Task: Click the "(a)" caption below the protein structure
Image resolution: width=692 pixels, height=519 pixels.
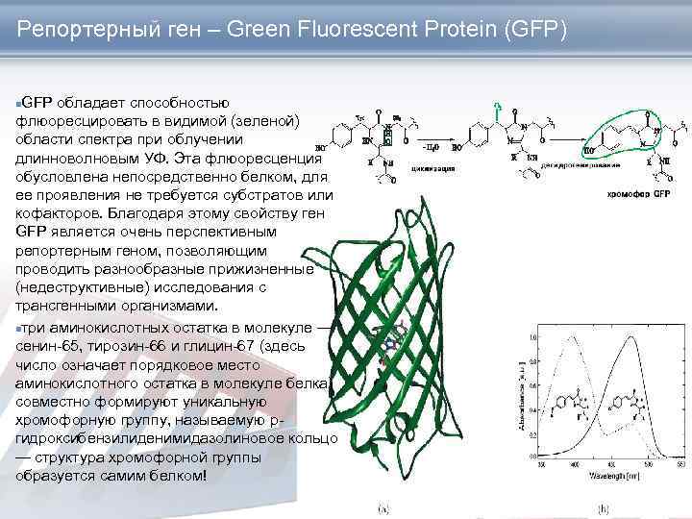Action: click(382, 507)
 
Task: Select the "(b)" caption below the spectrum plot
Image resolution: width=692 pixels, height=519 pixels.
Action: click(604, 507)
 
